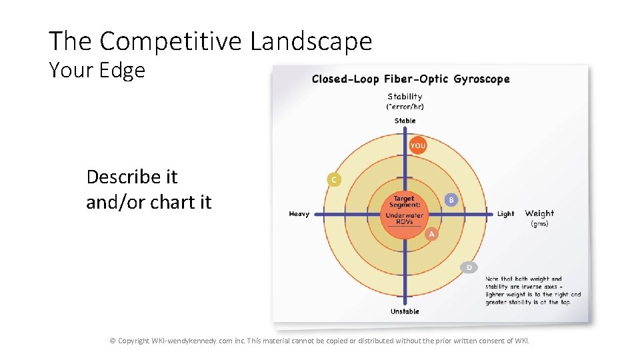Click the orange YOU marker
coord(417,145)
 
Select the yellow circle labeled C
coord(333,179)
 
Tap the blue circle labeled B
coord(451,199)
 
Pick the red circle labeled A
coord(431,234)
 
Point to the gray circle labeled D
coord(469,267)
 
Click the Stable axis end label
coord(405,121)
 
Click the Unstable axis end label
coord(405,311)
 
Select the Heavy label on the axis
coord(299,214)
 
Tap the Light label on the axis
coord(505,214)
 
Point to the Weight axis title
coord(539,213)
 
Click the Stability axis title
coord(405,97)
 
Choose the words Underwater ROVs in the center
coord(404,218)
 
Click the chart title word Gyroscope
coord(481,79)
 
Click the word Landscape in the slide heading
coord(311,41)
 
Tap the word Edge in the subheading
coord(123,70)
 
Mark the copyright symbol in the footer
coord(113,341)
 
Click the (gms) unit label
coord(539,224)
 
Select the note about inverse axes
coord(533,291)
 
